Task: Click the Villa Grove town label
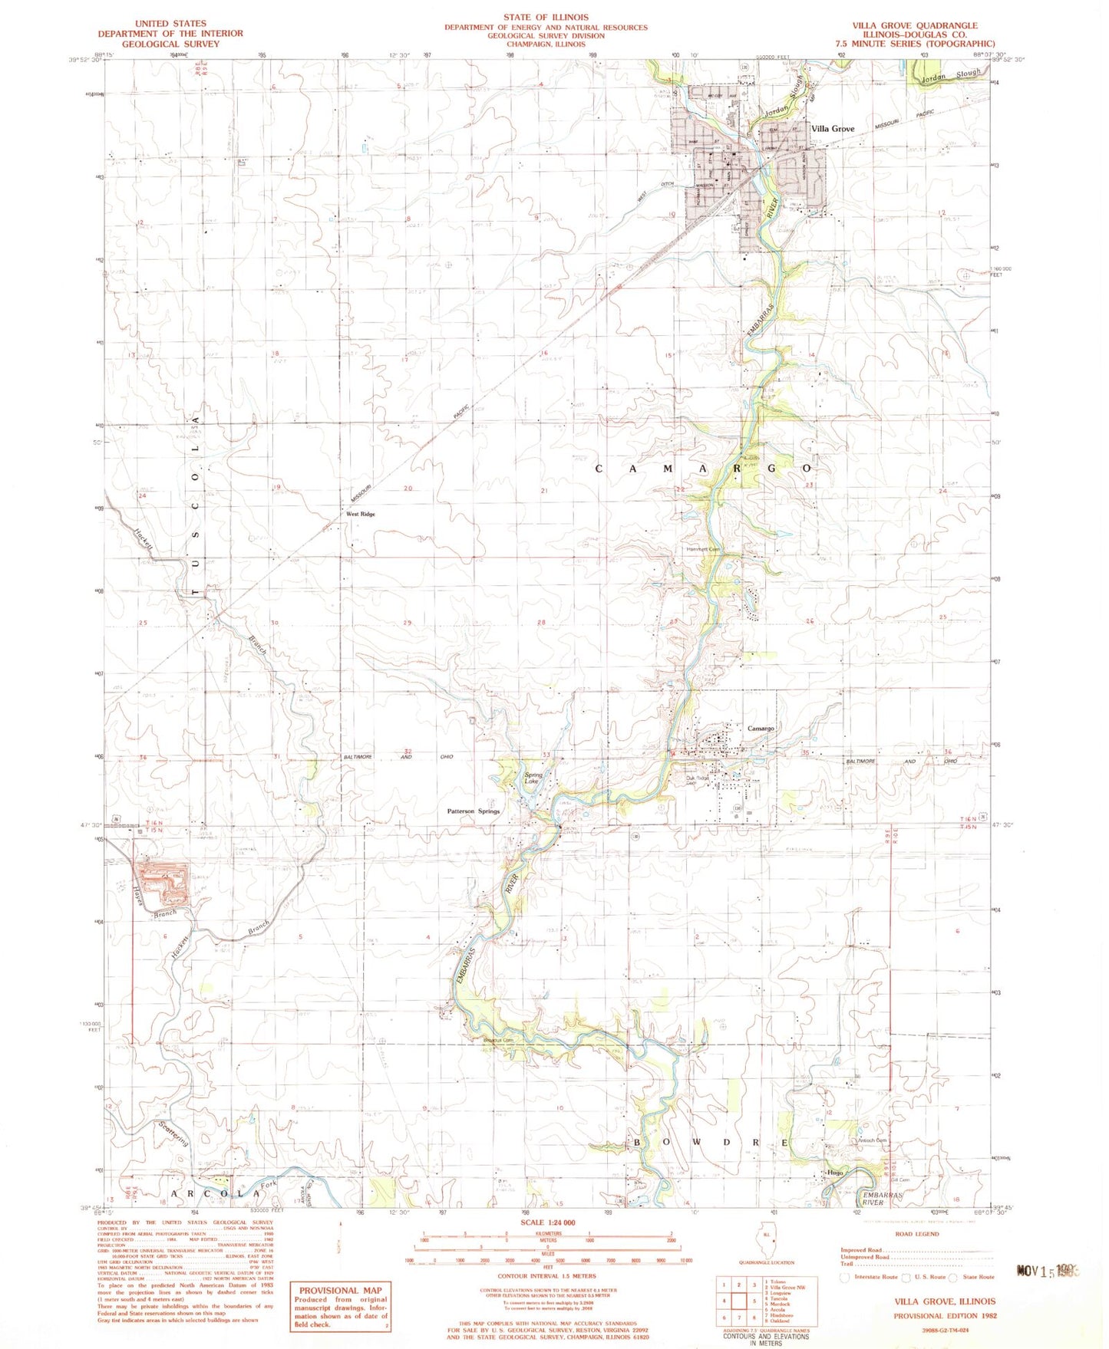833,129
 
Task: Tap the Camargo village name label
761,728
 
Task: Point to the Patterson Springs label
473,811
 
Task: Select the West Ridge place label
360,514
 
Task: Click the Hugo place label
835,1173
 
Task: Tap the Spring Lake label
533,778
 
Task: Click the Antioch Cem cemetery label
871,1140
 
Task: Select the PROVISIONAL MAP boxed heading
340,1291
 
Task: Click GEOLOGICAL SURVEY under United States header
170,44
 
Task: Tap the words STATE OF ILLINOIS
546,17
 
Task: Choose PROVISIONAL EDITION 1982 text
944,1315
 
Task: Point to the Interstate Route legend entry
870,1277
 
